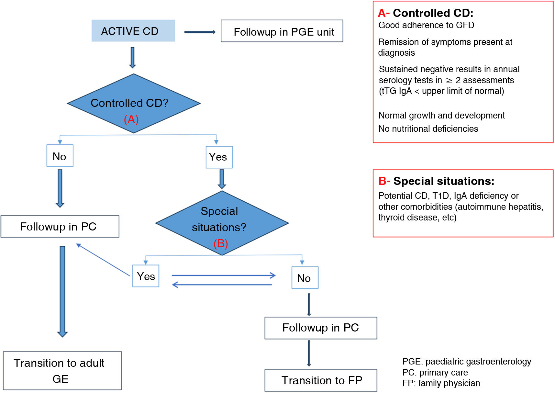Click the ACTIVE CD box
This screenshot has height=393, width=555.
point(133,31)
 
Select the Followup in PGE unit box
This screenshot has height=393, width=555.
point(282,31)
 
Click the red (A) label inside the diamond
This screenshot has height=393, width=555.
point(131,119)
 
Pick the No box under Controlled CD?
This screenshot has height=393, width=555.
point(60,156)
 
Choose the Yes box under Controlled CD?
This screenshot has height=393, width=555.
point(219,157)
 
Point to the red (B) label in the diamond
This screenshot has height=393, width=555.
point(221,243)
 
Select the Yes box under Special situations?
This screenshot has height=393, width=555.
point(146,276)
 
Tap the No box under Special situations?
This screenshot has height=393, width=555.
point(305,278)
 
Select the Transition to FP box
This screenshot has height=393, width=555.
point(320,380)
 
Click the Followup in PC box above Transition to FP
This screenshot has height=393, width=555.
point(320,328)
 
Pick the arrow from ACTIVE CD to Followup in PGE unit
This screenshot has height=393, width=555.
point(199,32)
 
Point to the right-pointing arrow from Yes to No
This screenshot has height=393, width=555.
point(223,275)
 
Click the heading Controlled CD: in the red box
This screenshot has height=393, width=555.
point(433,13)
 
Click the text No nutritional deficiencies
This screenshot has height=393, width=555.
point(428,129)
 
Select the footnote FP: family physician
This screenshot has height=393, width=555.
point(441,383)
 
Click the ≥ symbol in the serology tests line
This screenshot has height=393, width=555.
point(449,81)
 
